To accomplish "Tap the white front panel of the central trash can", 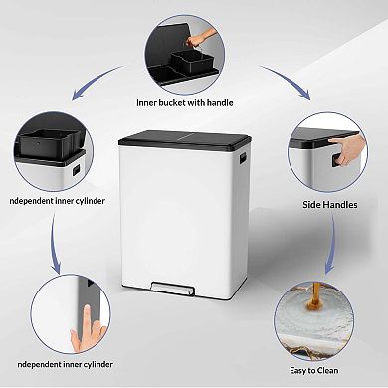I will pos(194,214).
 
